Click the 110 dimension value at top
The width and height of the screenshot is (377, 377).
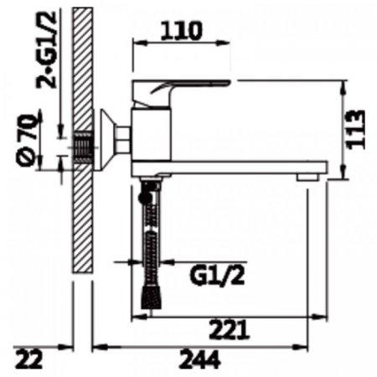click(181, 31)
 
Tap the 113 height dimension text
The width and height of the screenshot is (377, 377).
click(355, 130)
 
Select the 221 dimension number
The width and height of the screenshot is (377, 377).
click(229, 329)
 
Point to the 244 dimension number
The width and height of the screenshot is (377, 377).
click(200, 359)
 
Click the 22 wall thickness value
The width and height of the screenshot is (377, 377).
click(29, 359)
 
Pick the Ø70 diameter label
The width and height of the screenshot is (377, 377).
click(28, 139)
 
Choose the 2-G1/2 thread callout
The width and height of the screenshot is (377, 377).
click(46, 49)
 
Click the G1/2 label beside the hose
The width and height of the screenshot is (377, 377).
click(217, 276)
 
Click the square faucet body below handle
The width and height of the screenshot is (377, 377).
click(151, 135)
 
